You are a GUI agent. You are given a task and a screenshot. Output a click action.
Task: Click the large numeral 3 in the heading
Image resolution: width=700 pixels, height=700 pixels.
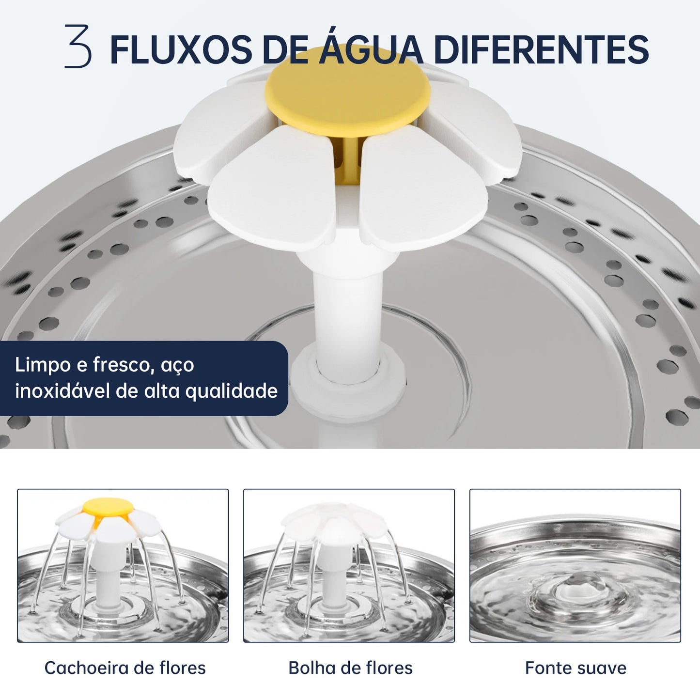pyautogui.click(x=78, y=47)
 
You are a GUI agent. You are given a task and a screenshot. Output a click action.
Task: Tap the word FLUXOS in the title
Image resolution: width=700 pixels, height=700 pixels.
pyautogui.click(x=181, y=49)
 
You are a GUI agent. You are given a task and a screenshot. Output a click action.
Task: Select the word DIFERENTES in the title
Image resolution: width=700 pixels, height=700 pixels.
pyautogui.click(x=541, y=49)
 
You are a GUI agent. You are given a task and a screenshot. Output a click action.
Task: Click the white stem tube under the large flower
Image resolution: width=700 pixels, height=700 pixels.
pyautogui.click(x=348, y=305)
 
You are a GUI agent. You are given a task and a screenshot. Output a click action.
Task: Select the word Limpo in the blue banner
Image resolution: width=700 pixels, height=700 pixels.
pyautogui.click(x=43, y=365)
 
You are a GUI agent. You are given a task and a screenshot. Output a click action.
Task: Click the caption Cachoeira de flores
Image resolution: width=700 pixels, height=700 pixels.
pyautogui.click(x=125, y=668)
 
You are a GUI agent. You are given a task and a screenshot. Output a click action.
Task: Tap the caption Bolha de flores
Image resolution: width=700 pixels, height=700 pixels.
pyautogui.click(x=350, y=668)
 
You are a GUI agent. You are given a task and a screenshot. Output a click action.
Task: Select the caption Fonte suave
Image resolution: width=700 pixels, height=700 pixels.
pyautogui.click(x=576, y=668)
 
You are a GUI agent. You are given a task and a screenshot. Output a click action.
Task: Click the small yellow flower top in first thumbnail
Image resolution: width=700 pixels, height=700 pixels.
pyautogui.click(x=108, y=507)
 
